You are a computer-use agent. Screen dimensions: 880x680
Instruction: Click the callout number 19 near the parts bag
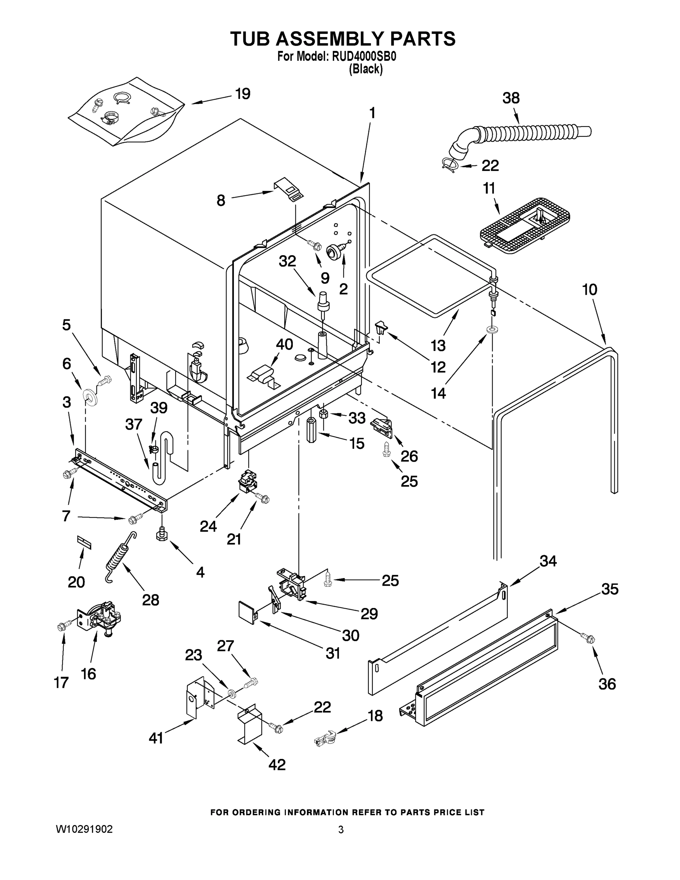(243, 93)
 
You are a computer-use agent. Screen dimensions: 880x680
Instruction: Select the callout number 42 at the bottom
(277, 764)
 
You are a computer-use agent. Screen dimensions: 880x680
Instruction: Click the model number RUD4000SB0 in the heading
(363, 56)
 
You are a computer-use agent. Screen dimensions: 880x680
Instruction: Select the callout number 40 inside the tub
(284, 345)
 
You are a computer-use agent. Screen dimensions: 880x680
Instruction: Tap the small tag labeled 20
(85, 542)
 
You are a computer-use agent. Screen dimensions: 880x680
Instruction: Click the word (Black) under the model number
(365, 69)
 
